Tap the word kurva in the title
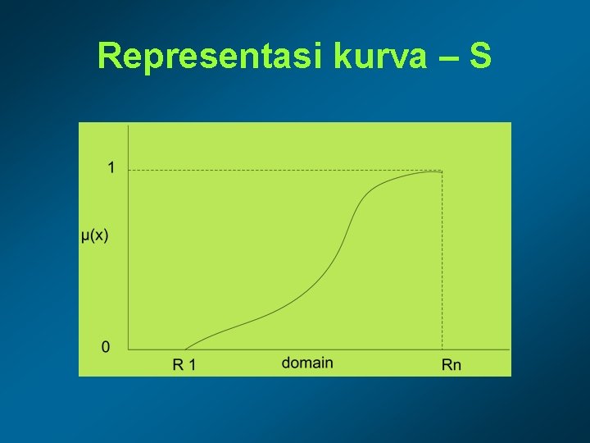[x=383, y=57]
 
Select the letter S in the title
[x=481, y=57]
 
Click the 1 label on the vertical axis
[x=111, y=168]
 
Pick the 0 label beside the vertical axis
[x=106, y=347]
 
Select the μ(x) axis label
[x=95, y=236]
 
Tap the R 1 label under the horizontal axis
[x=184, y=364]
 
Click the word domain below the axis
[x=307, y=362]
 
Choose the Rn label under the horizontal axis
[x=452, y=364]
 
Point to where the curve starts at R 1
[x=185, y=349]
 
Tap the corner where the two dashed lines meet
[x=442, y=171]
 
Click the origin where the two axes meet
[x=129, y=350]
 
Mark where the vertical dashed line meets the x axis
[x=442, y=350]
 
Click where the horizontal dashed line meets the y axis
[x=129, y=171]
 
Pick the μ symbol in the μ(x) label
[x=85, y=237]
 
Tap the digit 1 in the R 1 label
[x=192, y=364]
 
